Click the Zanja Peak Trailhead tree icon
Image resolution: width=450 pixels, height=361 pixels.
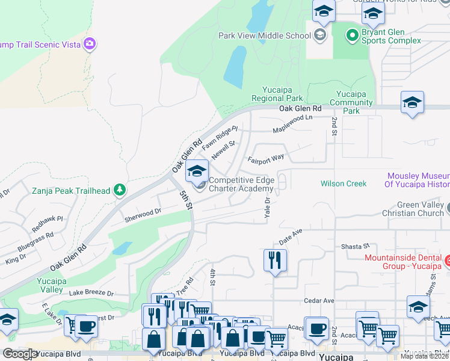click(120, 191)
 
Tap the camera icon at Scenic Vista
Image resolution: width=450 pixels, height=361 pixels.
click(90, 43)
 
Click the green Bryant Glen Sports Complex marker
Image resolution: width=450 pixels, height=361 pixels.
click(352, 34)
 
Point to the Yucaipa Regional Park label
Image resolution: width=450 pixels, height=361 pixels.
click(277, 94)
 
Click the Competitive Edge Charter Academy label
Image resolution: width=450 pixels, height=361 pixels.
click(241, 184)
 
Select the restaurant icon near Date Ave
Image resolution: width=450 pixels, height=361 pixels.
click(275, 260)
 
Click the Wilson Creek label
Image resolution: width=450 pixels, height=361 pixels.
click(343, 184)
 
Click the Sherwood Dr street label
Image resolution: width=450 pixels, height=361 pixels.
click(143, 212)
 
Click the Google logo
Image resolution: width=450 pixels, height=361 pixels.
click(20, 354)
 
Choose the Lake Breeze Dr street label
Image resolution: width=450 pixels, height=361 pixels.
click(91, 293)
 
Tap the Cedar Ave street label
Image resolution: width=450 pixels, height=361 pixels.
click(319, 300)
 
